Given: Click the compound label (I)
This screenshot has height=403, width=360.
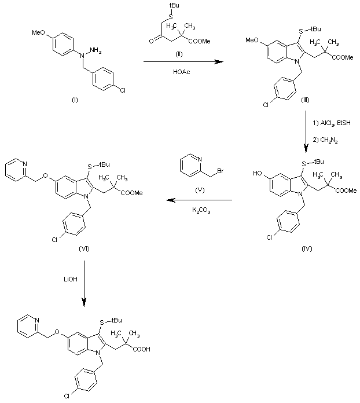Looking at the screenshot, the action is [75, 100].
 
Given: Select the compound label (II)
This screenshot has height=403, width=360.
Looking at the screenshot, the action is [179, 54].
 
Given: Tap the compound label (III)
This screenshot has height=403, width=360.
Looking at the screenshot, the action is [305, 100].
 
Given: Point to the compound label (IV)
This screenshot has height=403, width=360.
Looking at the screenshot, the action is [307, 248].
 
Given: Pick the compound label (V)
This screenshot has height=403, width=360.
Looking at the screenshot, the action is [200, 190].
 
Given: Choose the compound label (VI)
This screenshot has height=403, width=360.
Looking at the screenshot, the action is [85, 248].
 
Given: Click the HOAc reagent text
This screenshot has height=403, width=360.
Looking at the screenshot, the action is [182, 72].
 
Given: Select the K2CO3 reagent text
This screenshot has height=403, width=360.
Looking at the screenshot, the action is [201, 211].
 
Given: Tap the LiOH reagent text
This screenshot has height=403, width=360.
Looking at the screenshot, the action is [71, 279].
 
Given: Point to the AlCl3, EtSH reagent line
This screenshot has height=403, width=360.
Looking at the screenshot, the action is [332, 123].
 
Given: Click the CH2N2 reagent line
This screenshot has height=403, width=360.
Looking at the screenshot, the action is [325, 140].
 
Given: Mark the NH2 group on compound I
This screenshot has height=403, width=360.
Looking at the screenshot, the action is [95, 50].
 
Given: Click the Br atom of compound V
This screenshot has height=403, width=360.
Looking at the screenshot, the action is [221, 171].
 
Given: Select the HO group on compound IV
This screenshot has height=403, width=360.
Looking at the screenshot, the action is [257, 173].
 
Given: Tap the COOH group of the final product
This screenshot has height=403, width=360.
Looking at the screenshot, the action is [142, 349].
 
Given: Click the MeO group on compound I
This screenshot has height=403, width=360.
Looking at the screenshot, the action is [38, 32].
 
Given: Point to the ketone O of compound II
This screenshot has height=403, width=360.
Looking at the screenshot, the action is [151, 41].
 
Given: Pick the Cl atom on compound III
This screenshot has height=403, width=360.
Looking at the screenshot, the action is [266, 105].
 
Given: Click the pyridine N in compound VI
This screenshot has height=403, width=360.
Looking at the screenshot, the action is [25, 164].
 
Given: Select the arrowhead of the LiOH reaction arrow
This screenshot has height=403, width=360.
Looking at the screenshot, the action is [84, 302].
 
